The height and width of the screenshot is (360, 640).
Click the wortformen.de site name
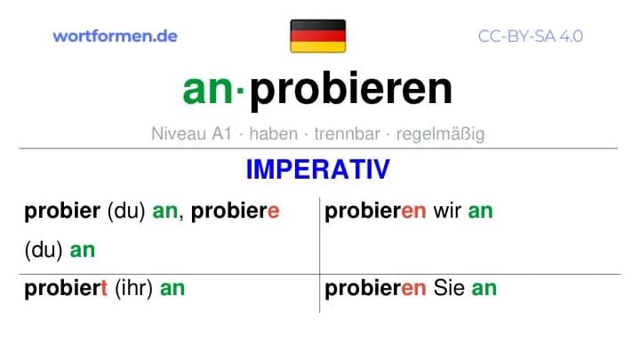pyautogui.click(x=115, y=36)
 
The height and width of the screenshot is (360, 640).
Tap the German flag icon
pyautogui.click(x=318, y=36)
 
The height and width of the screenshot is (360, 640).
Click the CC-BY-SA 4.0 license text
pyautogui.click(x=530, y=36)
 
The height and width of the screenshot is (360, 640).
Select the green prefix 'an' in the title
pyautogui.click(x=207, y=90)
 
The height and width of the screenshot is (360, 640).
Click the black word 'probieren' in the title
pyautogui.click(x=351, y=91)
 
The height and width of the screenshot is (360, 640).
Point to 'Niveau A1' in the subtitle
pyautogui.click(x=191, y=133)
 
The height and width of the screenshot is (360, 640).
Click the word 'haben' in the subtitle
pyautogui.click(x=274, y=133)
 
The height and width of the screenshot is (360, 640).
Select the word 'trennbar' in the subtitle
pyautogui.click(x=347, y=133)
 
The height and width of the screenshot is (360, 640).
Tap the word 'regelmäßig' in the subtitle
pyautogui.click(x=440, y=134)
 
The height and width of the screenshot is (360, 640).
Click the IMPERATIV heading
pyautogui.click(x=318, y=170)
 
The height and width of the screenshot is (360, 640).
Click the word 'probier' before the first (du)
pyautogui.click(x=62, y=211)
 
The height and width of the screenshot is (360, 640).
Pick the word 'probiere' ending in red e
pyautogui.click(x=235, y=211)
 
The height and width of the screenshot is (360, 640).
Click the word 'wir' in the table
pyautogui.click(x=447, y=211)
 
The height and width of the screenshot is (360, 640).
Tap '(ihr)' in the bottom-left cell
pyautogui.click(x=133, y=289)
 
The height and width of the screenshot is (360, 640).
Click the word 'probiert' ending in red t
pyautogui.click(x=66, y=289)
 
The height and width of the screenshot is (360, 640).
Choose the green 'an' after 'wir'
pyautogui.click(x=480, y=212)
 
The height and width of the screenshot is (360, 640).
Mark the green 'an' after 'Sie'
pyautogui.click(x=484, y=289)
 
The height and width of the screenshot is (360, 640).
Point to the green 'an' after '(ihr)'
pyautogui.click(x=172, y=289)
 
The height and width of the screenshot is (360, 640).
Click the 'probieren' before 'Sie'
pyautogui.click(x=375, y=289)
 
